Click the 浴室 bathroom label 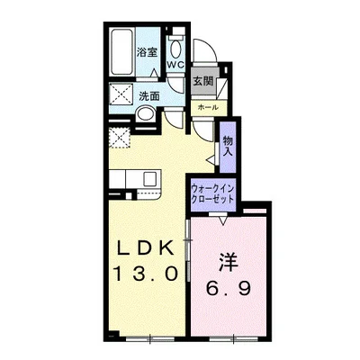147,52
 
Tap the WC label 175,65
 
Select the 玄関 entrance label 202,80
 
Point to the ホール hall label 208,107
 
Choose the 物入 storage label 228,146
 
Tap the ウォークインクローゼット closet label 212,193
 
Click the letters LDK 145,248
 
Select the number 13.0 145,274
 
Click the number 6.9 228,289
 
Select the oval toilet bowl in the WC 175,49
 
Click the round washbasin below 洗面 145,113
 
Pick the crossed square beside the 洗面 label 121,94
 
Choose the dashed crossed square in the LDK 120,138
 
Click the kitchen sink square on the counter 150,179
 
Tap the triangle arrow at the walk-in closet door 222,220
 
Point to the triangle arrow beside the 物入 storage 211,160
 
